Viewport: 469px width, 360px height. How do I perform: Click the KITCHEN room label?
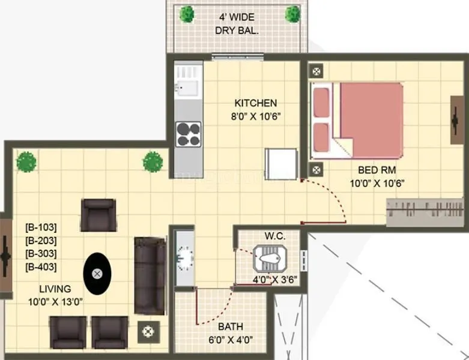255,103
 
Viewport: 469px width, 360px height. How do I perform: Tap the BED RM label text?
377,170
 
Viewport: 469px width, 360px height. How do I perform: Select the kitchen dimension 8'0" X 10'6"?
255,116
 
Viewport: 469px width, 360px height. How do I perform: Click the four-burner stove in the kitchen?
188,133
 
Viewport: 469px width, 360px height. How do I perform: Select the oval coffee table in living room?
97,274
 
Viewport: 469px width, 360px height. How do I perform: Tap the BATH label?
230,327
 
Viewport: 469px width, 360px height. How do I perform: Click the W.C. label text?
274,236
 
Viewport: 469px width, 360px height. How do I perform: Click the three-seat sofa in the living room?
150,275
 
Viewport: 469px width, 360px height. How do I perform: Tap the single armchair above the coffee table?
97,214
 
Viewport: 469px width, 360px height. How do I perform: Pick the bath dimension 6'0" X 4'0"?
230,340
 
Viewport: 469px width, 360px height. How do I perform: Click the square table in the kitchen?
280,164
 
